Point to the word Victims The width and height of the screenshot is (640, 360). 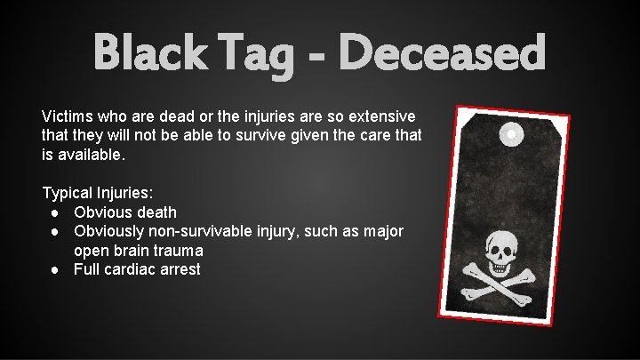tap(68, 116)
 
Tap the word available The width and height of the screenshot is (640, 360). tap(92, 155)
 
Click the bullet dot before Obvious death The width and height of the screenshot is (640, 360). tap(55, 212)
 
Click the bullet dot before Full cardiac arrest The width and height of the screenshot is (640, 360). tap(55, 269)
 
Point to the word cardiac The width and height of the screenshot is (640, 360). tap(132, 269)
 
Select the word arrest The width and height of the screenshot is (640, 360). tap(180, 269)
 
